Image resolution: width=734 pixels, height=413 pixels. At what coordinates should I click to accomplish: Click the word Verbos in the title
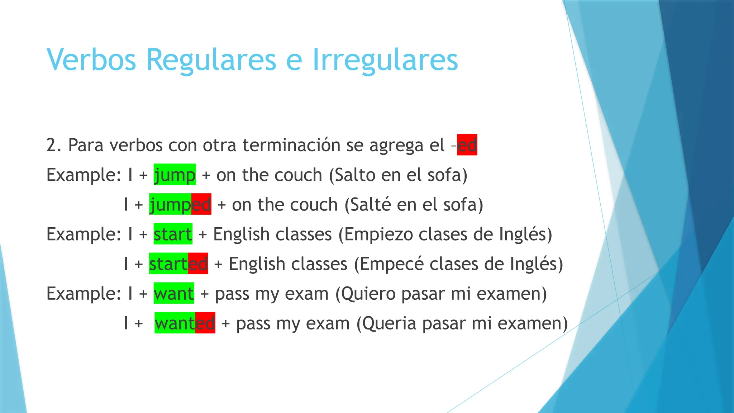click(x=91, y=60)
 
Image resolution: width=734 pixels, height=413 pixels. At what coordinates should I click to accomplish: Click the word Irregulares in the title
click(x=385, y=60)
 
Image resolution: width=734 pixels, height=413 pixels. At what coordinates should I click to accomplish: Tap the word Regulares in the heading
click(x=211, y=60)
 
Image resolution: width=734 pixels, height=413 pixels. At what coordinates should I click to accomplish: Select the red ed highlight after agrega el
click(x=467, y=145)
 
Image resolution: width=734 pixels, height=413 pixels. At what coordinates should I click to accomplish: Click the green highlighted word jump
click(x=175, y=175)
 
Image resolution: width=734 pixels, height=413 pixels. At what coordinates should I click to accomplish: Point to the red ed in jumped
click(x=201, y=204)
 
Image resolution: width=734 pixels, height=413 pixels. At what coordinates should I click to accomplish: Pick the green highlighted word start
click(x=173, y=234)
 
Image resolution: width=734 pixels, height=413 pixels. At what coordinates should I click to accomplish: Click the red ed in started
click(x=198, y=264)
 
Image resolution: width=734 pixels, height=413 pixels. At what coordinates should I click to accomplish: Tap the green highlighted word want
click(x=174, y=294)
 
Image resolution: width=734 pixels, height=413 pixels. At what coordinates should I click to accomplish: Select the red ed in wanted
click(x=205, y=323)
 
